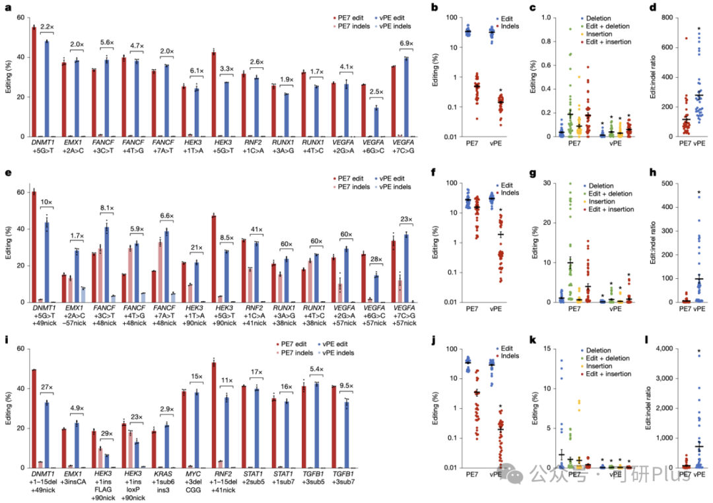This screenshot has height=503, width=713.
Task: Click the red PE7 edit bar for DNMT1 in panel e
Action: pyautogui.click(x=34, y=247)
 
